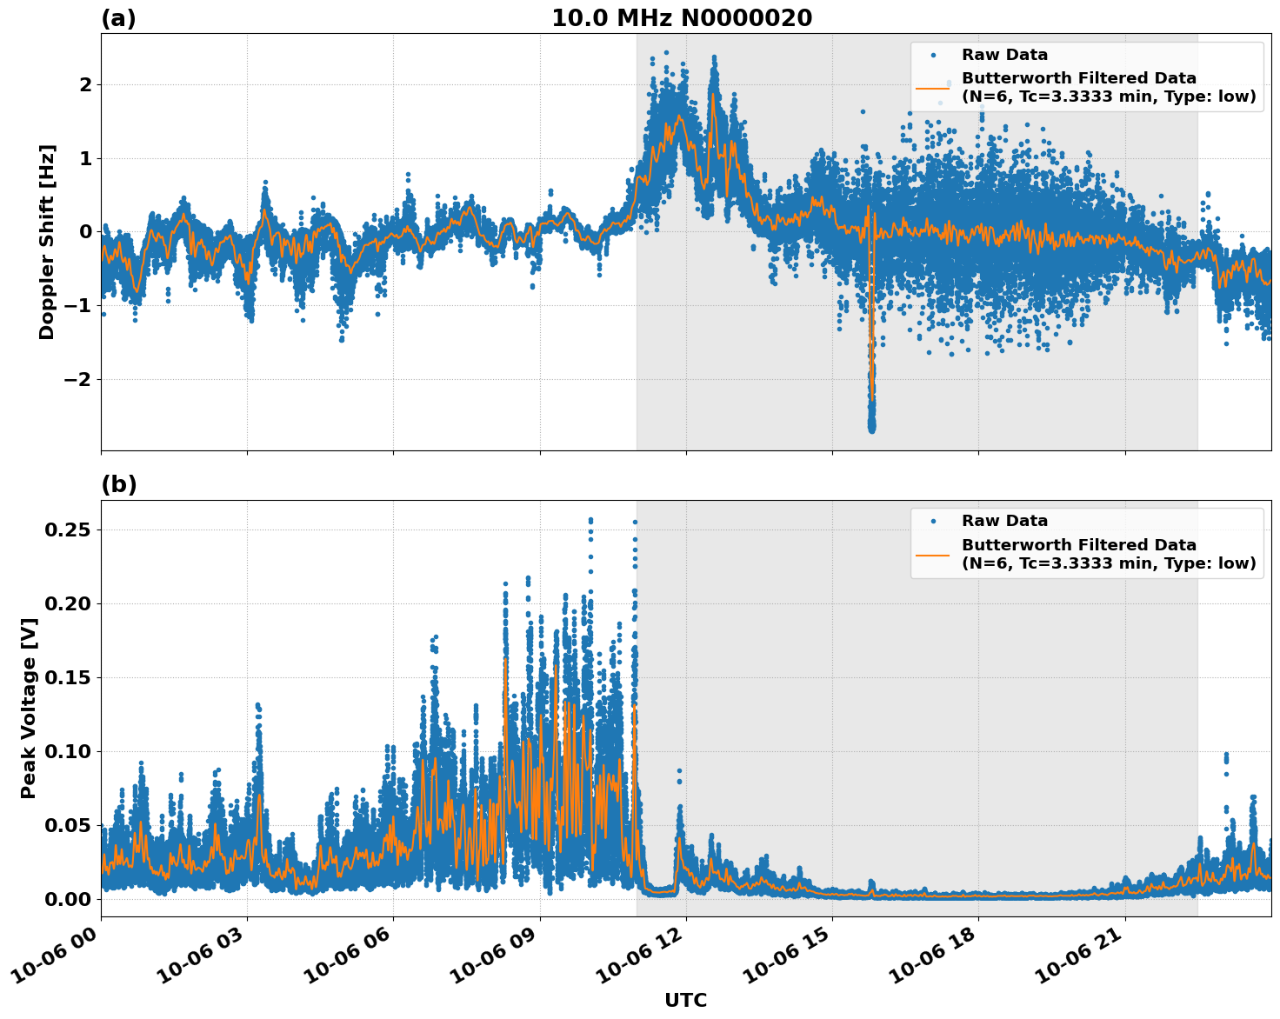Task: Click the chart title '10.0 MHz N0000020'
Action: [x=681, y=18]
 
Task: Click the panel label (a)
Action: [x=118, y=18]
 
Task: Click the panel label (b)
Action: [x=118, y=484]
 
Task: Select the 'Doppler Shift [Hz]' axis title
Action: [x=47, y=242]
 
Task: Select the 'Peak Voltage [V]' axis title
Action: [x=29, y=708]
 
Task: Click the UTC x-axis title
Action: [x=685, y=1000]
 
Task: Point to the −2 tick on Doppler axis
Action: [x=78, y=379]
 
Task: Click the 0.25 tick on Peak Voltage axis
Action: [x=72, y=529]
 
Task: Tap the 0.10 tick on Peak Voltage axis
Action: [x=72, y=751]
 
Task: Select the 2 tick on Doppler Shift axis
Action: [x=85, y=84]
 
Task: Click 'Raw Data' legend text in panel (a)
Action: [x=1004, y=55]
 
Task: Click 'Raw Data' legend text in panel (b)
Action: [x=1004, y=521]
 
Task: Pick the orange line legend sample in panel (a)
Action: [x=932, y=88]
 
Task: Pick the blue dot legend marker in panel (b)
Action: [x=932, y=521]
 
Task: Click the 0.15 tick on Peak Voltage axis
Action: [x=72, y=677]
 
